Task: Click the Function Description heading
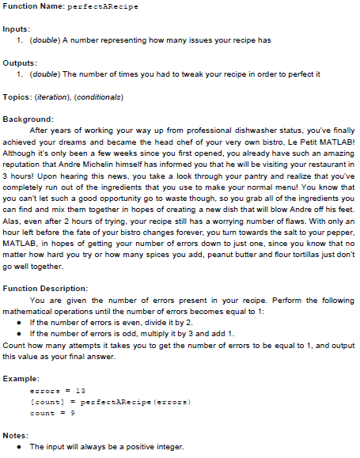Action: (x=56, y=289)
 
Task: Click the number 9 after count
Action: (x=74, y=413)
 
